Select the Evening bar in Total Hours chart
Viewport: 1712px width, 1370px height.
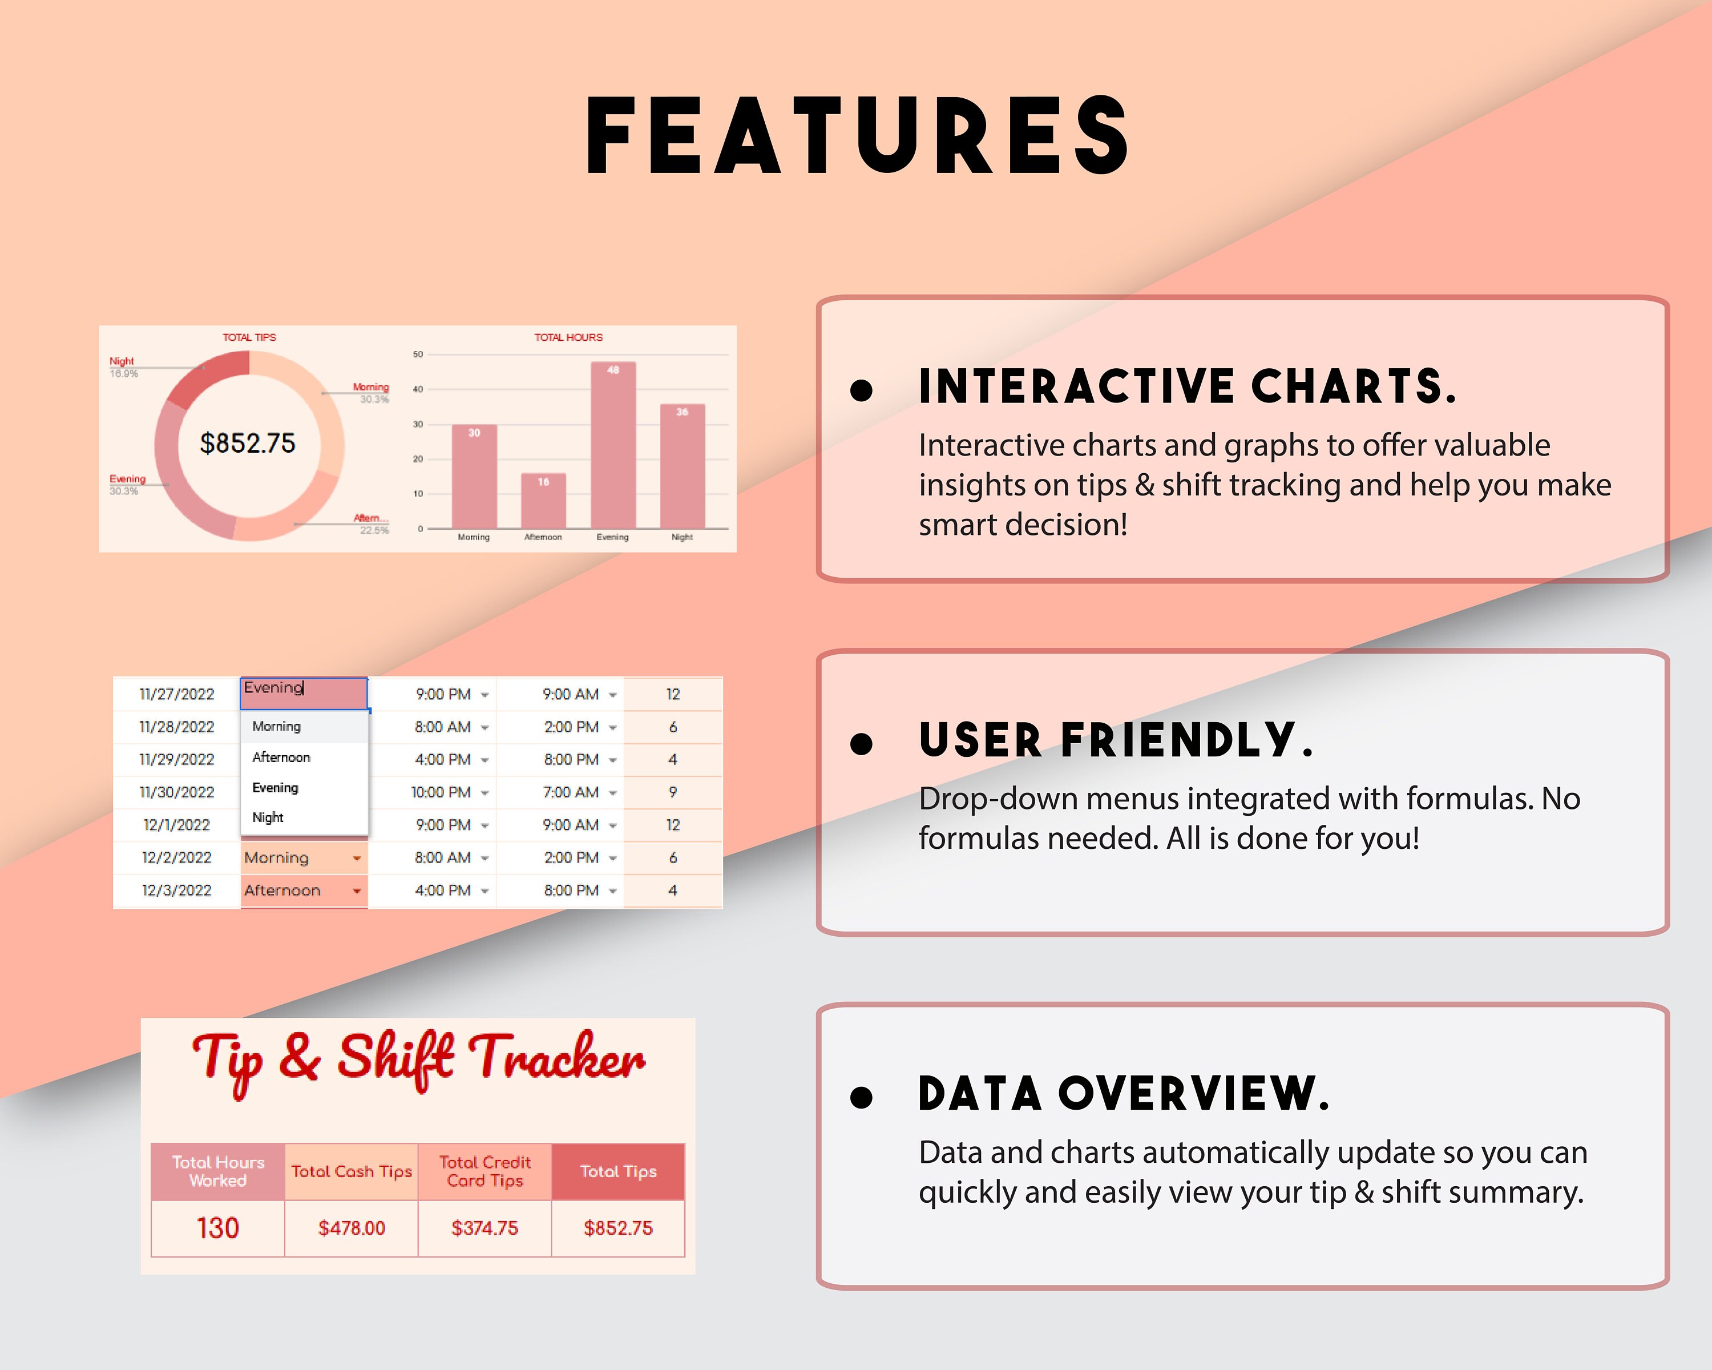point(612,445)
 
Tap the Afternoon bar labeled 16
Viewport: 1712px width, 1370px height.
point(543,501)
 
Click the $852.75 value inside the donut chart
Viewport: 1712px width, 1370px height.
point(247,443)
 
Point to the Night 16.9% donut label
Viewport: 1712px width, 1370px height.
point(123,367)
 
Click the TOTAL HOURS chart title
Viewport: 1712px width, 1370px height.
point(568,337)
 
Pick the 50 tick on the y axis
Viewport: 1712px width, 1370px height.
point(418,354)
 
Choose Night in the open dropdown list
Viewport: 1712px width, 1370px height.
point(268,817)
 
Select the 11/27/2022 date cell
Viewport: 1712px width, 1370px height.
point(176,694)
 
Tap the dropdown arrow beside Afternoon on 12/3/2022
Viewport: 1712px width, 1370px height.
point(357,890)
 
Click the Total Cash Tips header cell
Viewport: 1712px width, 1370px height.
point(351,1171)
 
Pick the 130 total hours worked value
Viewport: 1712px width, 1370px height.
point(217,1228)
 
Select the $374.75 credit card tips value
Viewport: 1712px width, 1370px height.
point(484,1228)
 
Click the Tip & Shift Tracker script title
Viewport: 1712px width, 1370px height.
point(418,1060)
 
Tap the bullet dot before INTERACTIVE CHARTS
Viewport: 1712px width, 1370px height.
point(861,389)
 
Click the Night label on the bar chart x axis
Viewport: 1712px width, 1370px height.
point(681,538)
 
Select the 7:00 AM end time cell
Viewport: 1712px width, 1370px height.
point(571,792)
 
